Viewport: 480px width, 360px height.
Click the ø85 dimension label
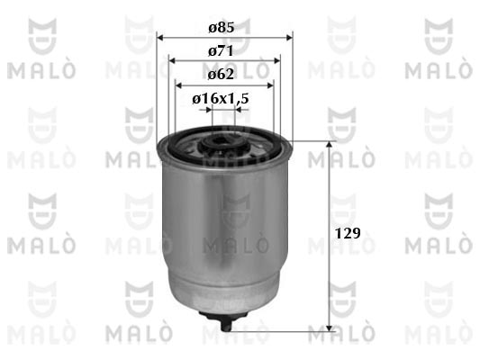click(222, 28)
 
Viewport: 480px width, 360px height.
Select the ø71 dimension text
click(221, 50)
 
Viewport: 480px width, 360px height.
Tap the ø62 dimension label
click(221, 75)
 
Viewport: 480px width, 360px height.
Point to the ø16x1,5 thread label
click(221, 98)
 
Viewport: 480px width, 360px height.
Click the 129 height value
click(348, 233)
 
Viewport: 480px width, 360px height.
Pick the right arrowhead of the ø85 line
click(289, 38)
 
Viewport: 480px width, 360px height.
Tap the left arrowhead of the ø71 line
click(172, 60)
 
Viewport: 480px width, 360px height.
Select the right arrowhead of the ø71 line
click(276, 60)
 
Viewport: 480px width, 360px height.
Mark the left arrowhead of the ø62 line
click(178, 85)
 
